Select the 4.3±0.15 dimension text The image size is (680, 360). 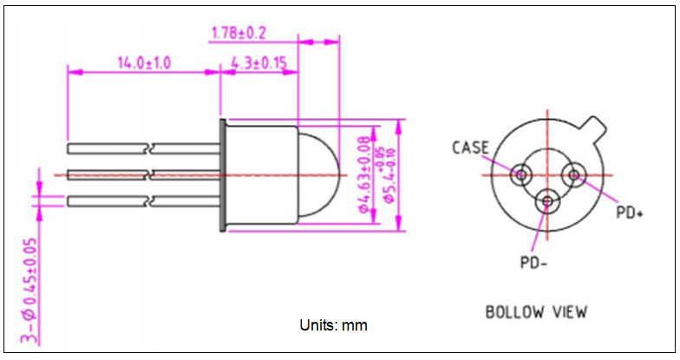pos(259,63)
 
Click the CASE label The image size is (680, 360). pos(471,147)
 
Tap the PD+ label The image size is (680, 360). pos(629,213)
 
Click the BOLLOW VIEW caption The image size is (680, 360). pos(536,311)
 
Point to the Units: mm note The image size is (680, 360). pos(333,326)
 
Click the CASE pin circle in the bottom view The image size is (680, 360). pos(521,174)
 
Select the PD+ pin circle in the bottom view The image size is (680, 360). pos(573,174)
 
